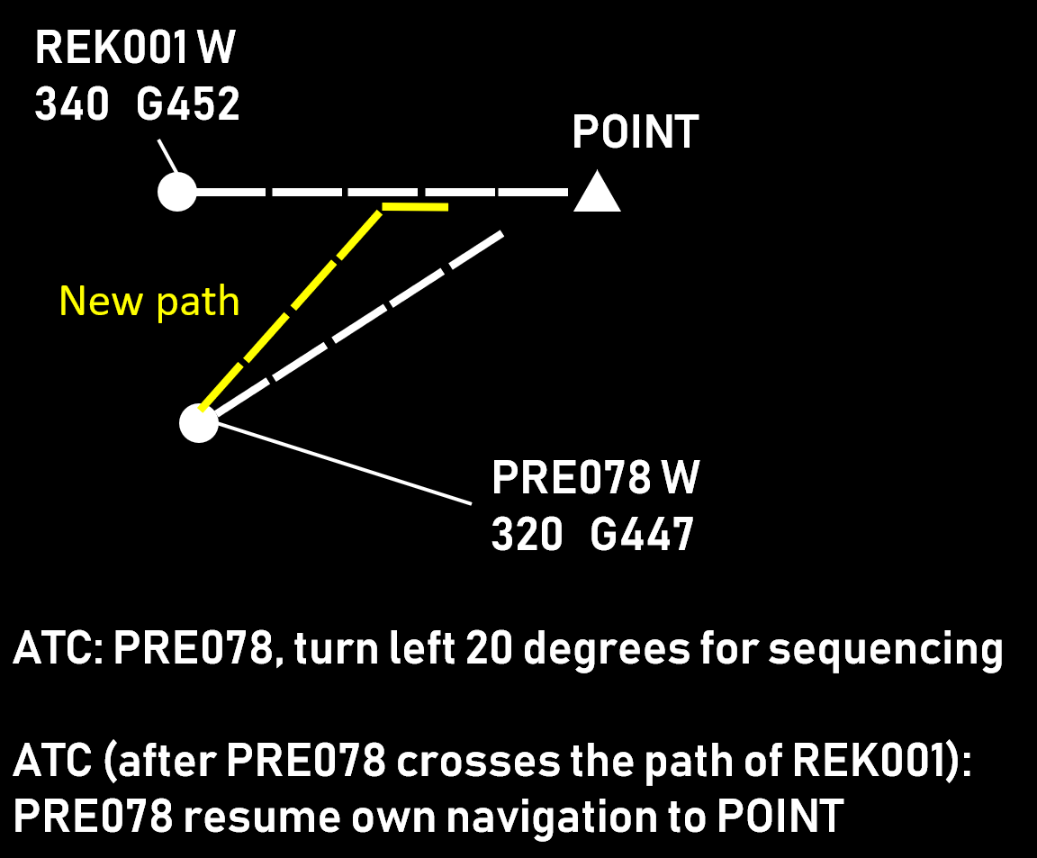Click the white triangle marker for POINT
point(597,194)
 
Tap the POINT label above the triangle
point(636,133)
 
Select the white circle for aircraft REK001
point(177,192)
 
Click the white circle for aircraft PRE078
point(199,423)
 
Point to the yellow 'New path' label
point(149,302)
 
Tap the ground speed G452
point(188,105)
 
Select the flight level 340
point(72,105)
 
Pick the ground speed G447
point(642,536)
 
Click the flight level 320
point(528,536)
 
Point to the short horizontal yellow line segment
point(415,208)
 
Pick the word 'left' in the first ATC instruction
point(425,648)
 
